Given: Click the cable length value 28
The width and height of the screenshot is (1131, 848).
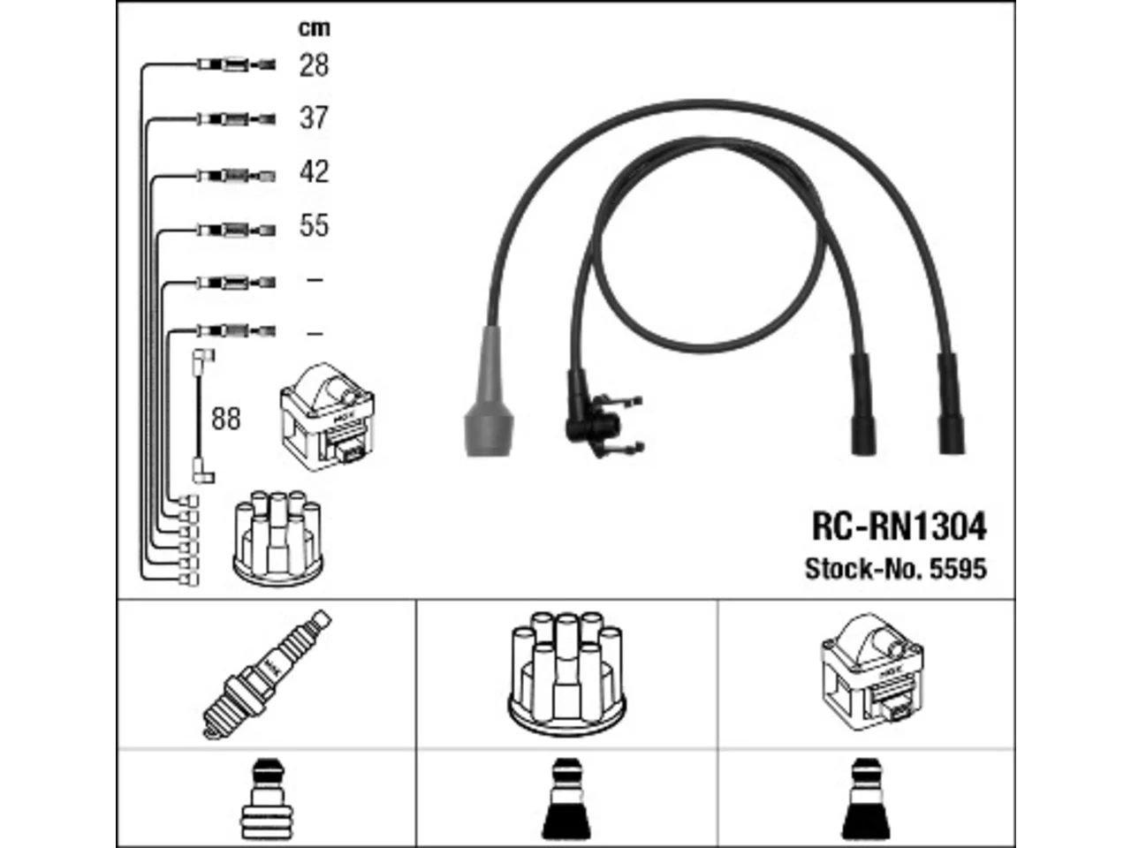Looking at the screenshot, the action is pyautogui.click(x=314, y=65).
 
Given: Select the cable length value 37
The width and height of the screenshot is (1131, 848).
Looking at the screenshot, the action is pyautogui.click(x=314, y=117).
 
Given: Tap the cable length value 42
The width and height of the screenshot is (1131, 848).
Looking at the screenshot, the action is pyautogui.click(x=314, y=171).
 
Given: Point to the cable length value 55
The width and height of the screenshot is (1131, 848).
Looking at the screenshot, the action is pyautogui.click(x=314, y=225).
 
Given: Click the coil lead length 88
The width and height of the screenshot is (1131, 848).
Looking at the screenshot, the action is pyautogui.click(x=225, y=419).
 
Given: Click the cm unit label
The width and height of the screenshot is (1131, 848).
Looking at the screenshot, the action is pyautogui.click(x=315, y=28).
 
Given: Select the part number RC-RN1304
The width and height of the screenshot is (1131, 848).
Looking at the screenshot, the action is pyautogui.click(x=899, y=526).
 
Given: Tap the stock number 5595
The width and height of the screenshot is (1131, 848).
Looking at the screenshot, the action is pyautogui.click(x=958, y=569).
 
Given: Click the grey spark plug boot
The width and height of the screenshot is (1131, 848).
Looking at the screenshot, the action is pyautogui.click(x=488, y=391).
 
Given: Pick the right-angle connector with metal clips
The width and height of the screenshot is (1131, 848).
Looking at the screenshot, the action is pyautogui.click(x=603, y=415).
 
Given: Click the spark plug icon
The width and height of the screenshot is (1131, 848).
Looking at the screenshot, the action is pyautogui.click(x=266, y=675).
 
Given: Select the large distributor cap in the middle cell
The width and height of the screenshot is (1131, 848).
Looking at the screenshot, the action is pyautogui.click(x=566, y=674).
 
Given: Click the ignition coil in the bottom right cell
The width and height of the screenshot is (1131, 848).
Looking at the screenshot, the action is pyautogui.click(x=872, y=672).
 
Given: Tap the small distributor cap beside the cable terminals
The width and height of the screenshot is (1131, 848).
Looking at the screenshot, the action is pyautogui.click(x=277, y=539).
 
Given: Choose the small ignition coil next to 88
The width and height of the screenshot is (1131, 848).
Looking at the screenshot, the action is pyautogui.click(x=327, y=417).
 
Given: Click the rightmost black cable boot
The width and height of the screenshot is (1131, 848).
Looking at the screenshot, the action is pyautogui.click(x=951, y=405).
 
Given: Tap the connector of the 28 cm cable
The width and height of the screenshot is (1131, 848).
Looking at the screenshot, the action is pyautogui.click(x=237, y=65).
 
